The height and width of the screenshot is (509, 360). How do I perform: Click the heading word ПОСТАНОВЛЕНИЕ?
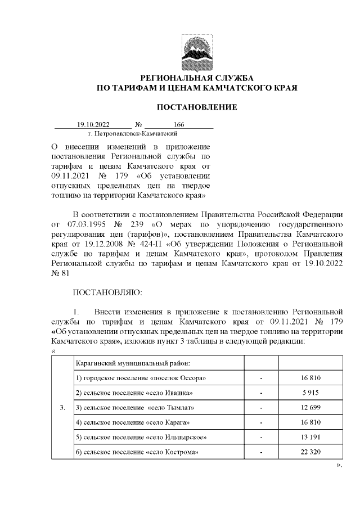196,107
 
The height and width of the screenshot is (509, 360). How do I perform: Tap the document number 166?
179,125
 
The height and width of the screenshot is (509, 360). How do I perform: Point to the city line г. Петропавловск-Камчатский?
133,134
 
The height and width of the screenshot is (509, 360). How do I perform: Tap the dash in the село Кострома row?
262,452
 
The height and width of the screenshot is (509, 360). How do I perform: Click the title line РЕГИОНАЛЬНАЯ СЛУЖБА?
196,77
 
